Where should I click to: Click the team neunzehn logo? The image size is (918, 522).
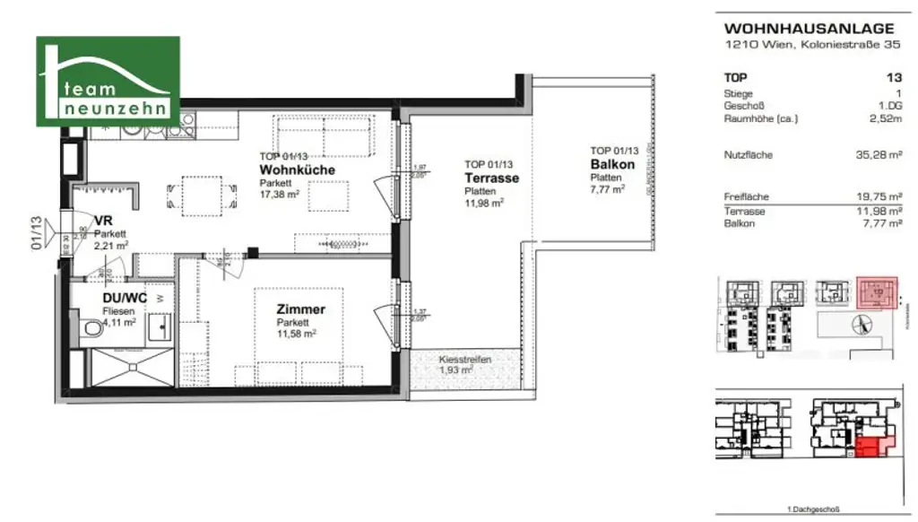108,82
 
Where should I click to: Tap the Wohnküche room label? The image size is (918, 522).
297,170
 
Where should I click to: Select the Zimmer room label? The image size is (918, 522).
300,309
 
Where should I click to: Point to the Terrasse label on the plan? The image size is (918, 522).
491,178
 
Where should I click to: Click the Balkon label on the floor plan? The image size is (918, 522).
612,164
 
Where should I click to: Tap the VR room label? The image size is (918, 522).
102,221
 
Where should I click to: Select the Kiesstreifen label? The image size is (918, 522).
464,360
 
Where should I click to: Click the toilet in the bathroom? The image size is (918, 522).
91,332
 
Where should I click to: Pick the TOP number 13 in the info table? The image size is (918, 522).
893,78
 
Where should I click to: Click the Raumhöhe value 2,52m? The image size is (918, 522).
886,117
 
